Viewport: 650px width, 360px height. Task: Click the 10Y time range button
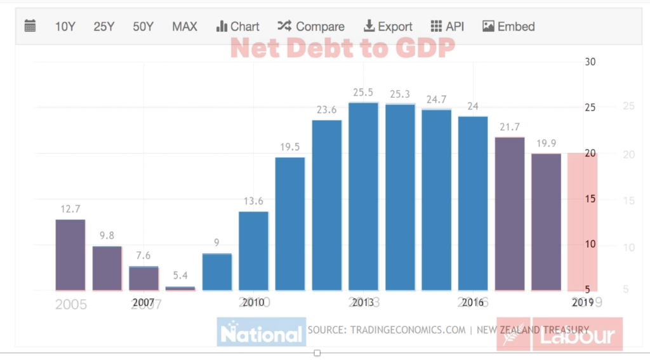tap(65, 27)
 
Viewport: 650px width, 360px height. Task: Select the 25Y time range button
tap(103, 27)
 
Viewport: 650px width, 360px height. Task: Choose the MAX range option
tap(185, 27)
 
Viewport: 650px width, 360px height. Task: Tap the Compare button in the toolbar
tap(311, 27)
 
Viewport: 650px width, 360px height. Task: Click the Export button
tap(388, 27)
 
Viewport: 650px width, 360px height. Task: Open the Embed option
tap(508, 27)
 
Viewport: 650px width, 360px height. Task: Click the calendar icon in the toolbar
tap(30, 26)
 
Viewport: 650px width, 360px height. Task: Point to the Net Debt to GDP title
tap(342, 48)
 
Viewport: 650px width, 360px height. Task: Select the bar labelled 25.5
tap(363, 196)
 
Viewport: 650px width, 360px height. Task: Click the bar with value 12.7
tap(70, 255)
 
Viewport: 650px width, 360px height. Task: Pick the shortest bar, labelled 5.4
tap(180, 288)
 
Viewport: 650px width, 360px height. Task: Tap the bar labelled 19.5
tap(289, 223)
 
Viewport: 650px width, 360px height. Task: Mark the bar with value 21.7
tap(510, 213)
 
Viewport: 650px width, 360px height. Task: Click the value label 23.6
tap(326, 110)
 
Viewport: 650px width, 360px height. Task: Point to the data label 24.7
tap(436, 99)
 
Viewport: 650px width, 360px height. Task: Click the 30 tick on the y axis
tap(590, 62)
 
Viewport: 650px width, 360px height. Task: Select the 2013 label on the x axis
tap(363, 302)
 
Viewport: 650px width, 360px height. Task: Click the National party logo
tap(262, 332)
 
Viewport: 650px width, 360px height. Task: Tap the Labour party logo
tap(559, 333)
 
